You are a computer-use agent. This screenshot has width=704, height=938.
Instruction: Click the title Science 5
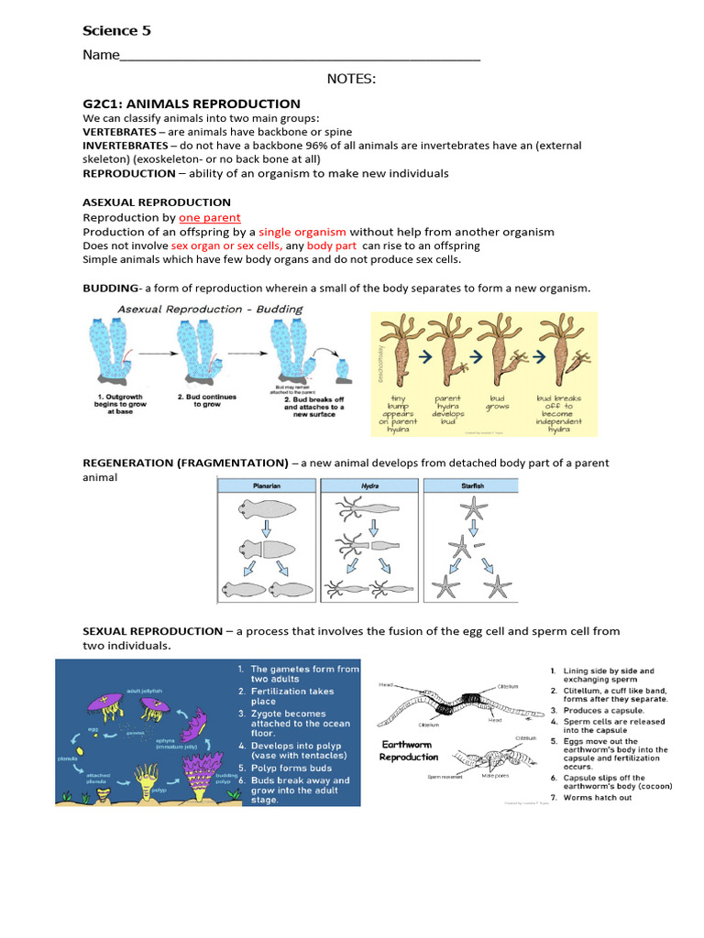117,31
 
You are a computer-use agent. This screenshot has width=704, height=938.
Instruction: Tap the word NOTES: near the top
351,80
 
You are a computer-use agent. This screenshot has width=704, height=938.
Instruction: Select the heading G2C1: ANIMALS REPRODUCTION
192,104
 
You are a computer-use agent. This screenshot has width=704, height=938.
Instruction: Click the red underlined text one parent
210,218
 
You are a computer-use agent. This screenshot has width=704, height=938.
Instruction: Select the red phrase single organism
302,232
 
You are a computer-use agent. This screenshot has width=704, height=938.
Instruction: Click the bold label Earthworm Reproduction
410,751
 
